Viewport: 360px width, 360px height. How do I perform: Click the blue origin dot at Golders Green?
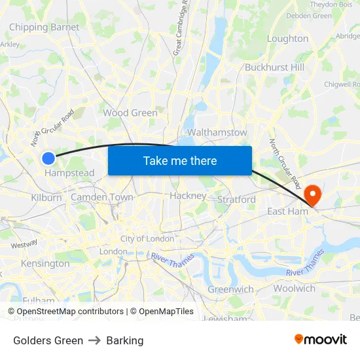tap(48, 158)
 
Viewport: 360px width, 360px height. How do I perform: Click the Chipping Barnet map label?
tap(44, 27)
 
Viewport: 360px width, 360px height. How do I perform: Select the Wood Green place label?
tap(130, 113)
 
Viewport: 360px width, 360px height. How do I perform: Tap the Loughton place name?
tap(287, 39)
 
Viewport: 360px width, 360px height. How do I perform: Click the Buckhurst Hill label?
tap(274, 67)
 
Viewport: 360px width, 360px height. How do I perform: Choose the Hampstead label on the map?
tap(69, 173)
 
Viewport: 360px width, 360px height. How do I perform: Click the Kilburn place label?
tap(46, 197)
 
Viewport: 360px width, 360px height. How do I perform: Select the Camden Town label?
tap(101, 197)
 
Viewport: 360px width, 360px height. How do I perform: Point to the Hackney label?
tap(188, 196)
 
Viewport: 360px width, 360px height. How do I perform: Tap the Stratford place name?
tap(236, 199)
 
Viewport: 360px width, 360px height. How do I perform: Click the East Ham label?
tap(287, 211)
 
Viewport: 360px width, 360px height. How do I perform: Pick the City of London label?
tap(147, 239)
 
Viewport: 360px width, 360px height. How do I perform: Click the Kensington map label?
tap(45, 264)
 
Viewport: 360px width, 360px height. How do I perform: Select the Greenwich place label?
tap(230, 289)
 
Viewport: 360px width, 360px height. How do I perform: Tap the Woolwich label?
tap(294, 288)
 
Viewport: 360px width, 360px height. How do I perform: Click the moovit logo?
tap(321, 339)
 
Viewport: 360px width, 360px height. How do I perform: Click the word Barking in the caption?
tap(124, 340)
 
